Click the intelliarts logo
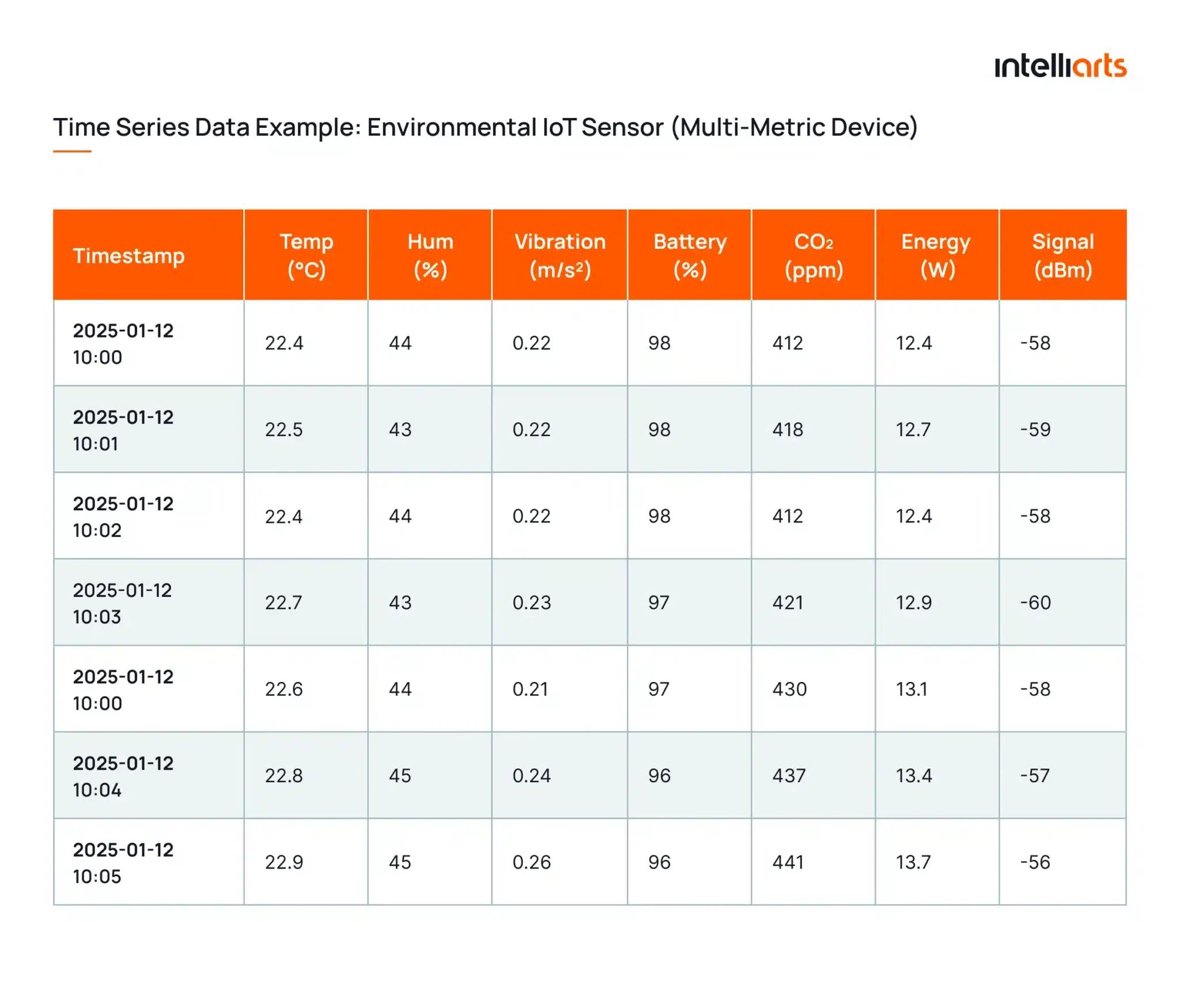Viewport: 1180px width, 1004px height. [x=1060, y=66]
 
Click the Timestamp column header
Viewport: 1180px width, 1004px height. [x=128, y=255]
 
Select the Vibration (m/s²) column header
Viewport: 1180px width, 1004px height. [x=559, y=255]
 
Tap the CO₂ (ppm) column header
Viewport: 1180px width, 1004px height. [x=813, y=255]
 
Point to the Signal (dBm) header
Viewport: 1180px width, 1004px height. [x=1062, y=255]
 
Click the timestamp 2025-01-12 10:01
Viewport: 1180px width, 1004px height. [x=123, y=430]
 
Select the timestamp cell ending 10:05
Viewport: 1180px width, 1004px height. [x=123, y=862]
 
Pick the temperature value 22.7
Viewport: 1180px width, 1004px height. [x=283, y=603]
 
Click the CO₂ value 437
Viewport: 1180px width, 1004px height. [x=789, y=775]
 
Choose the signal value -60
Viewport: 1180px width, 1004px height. [x=1035, y=603]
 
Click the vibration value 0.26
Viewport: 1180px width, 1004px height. [x=531, y=862]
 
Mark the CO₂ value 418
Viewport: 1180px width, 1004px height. [x=788, y=430]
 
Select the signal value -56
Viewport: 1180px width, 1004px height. [x=1035, y=862]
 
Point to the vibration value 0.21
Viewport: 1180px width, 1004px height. [x=530, y=689]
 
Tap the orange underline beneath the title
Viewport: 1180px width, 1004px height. [x=72, y=151]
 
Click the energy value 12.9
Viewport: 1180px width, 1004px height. [x=913, y=603]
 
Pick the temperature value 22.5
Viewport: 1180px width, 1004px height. [x=283, y=430]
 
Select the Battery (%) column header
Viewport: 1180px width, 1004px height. [x=690, y=255]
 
